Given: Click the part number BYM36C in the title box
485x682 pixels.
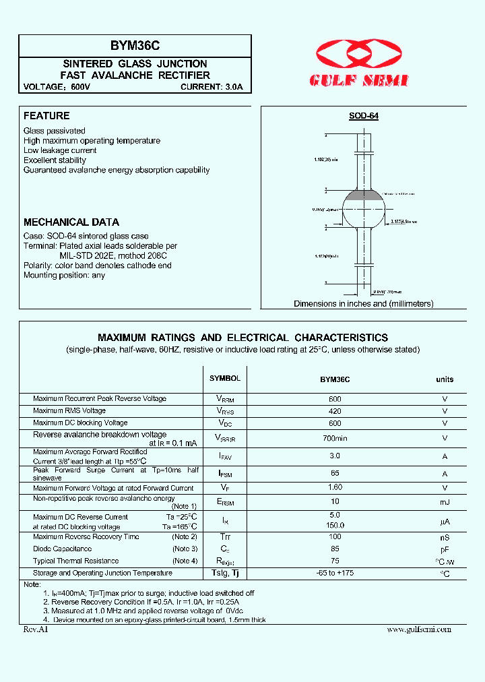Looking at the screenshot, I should pos(135,46).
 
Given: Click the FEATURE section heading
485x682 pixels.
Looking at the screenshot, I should pos(46,116).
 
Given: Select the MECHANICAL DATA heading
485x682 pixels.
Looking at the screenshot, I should pos(71,222).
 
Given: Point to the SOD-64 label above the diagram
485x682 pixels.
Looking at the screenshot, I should pos(363,116).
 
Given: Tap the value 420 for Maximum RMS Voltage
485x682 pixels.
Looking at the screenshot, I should pos(335,410).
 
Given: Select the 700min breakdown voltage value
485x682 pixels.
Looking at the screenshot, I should pos(335,438).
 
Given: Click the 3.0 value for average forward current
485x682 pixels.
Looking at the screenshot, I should pos(335,456).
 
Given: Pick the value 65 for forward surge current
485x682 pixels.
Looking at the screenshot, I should pos(335,474).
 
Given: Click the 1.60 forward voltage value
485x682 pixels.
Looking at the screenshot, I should pos(335,487).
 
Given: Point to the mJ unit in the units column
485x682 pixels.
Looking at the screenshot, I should pos(445,502).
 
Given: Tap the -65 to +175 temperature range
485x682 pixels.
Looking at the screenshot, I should pos(335,573).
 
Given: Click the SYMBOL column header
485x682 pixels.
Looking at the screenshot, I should pos(224,379).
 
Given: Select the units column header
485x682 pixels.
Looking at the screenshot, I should pos(445,379).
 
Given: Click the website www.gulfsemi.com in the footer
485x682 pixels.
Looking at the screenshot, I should pos(419,629).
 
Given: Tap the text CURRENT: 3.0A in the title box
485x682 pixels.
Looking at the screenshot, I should pos(216,87).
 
